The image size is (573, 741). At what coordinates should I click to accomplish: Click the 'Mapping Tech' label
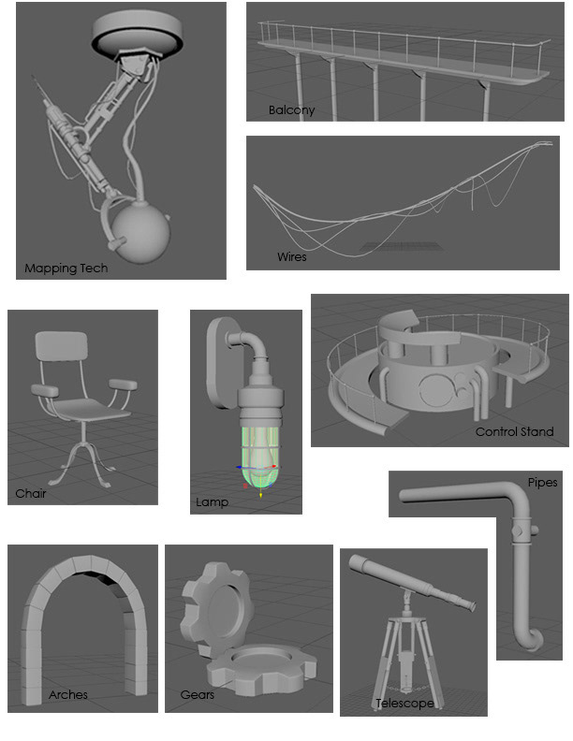click(x=66, y=269)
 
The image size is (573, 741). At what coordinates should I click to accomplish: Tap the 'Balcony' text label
click(x=291, y=110)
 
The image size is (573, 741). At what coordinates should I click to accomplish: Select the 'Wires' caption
click(x=292, y=256)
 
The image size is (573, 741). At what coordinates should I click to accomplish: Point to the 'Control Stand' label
click(x=514, y=431)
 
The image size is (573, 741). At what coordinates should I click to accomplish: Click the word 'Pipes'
click(x=542, y=483)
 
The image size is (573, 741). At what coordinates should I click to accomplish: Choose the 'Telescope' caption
click(x=404, y=704)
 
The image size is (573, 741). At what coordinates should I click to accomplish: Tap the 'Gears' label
click(x=198, y=694)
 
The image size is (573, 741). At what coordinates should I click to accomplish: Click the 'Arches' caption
click(x=68, y=694)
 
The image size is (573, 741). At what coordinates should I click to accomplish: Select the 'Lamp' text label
click(x=212, y=501)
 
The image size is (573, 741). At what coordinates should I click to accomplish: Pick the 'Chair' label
click(x=31, y=493)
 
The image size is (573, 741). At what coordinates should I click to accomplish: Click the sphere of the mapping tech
click(x=140, y=232)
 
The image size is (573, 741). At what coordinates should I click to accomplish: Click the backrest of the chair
click(x=62, y=346)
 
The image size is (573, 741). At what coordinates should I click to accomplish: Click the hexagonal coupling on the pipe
click(x=520, y=530)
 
